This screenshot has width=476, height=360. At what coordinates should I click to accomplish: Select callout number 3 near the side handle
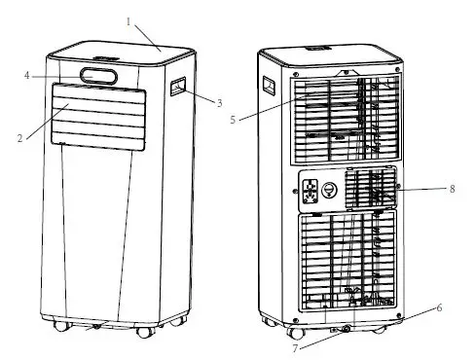coord(220,101)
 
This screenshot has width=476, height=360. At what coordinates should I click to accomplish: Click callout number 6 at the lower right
coord(440,307)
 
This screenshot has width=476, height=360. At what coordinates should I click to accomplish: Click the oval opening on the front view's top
coord(99,76)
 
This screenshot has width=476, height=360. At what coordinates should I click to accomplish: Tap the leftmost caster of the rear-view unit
coord(265,317)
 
